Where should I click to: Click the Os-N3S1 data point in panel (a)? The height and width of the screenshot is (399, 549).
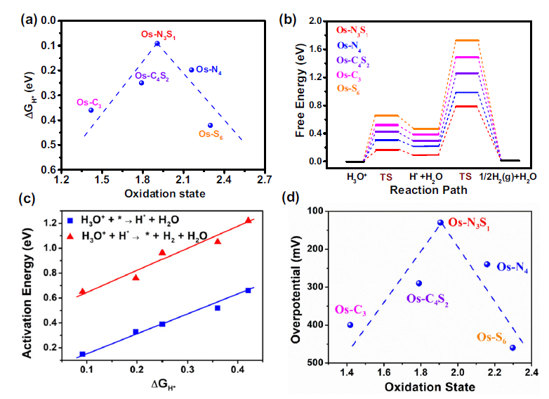[157, 44]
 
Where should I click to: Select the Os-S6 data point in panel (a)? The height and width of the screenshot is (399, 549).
[210, 126]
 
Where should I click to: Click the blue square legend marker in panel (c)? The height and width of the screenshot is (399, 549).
[70, 211]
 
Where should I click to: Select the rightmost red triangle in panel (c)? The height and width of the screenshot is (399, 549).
[248, 221]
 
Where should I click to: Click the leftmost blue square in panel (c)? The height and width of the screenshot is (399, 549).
[82, 354]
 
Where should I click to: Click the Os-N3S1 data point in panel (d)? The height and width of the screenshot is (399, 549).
[441, 222]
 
